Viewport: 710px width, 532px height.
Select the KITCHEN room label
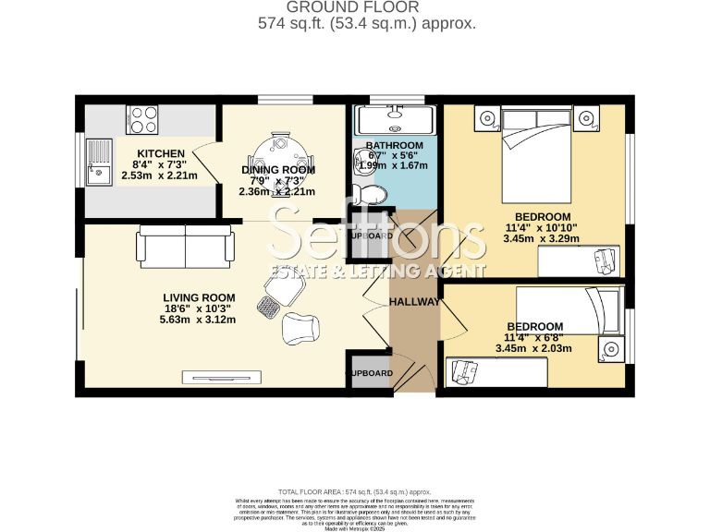coord(161,153)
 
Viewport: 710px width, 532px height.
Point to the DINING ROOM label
coord(278,170)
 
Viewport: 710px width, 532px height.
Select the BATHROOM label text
coord(394,146)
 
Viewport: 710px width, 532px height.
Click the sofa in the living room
coord(185,246)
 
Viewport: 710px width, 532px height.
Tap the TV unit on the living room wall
coord(222,376)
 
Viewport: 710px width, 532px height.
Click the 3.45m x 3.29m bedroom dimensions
coord(541,238)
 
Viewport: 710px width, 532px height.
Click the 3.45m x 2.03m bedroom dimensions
coord(533,349)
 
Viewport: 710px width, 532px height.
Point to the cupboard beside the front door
coord(368,372)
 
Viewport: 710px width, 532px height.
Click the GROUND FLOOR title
coord(367,7)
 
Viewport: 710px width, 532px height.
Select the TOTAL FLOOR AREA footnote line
coord(355,492)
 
